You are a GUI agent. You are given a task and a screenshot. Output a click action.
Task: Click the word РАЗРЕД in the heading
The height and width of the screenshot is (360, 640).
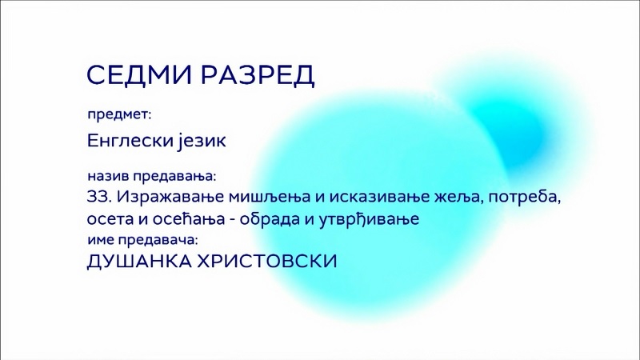[258, 75]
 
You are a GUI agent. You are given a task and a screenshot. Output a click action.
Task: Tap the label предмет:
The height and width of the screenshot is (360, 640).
[119, 114]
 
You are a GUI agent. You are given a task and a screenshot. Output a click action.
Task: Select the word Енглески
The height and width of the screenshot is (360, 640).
[130, 141]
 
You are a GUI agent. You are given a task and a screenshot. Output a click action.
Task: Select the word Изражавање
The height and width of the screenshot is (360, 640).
[170, 198]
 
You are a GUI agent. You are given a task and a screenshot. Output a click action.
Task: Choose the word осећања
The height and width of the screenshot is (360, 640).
[189, 219]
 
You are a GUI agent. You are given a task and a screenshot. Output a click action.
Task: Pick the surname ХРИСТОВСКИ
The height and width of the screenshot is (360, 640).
[267, 262]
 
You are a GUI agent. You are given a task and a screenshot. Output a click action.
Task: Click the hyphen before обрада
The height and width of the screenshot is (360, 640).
[232, 220]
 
